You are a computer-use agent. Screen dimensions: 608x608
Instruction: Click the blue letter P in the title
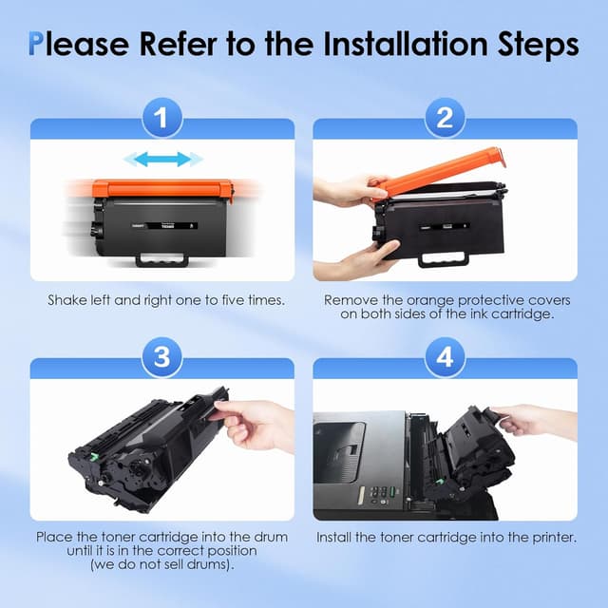35,44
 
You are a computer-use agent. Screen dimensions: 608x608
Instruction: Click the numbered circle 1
162,118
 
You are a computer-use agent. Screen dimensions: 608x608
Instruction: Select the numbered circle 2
445,118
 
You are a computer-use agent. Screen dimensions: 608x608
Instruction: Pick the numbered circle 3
162,357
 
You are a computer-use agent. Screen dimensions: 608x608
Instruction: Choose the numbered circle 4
445,357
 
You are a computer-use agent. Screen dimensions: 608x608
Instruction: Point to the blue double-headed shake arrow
162,159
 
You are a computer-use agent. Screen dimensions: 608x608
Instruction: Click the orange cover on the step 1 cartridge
162,189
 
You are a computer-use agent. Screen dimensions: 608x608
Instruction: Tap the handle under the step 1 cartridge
161,259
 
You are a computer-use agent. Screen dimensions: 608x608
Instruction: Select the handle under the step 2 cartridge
444,258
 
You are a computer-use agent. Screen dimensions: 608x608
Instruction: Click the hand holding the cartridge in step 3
254,425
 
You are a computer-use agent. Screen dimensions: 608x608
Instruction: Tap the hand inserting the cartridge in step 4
533,423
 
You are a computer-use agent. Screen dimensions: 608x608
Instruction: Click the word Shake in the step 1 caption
67,300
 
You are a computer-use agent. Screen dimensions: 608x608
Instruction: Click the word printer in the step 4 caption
554,538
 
